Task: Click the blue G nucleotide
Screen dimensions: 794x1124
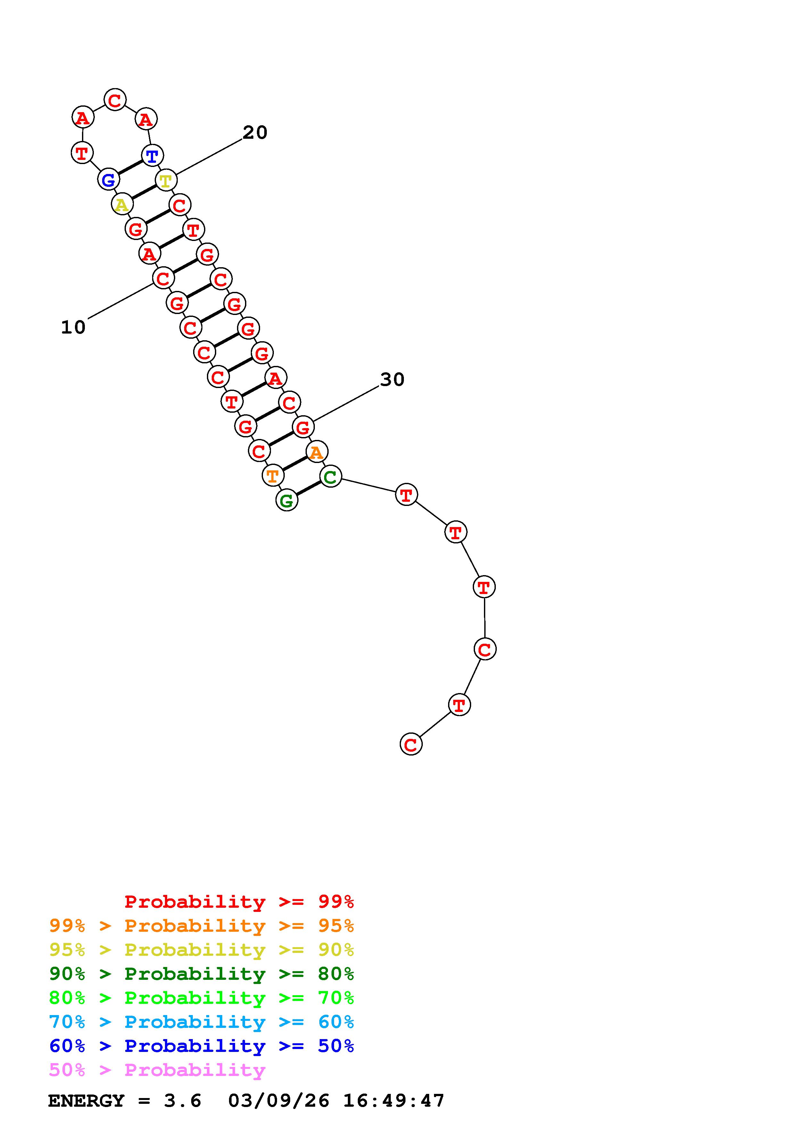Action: click(x=108, y=180)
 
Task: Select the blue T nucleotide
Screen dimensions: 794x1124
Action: click(x=152, y=156)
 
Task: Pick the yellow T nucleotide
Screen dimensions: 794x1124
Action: click(x=166, y=180)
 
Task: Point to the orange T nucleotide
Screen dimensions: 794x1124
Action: click(x=273, y=475)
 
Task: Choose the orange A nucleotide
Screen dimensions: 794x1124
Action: click(x=316, y=451)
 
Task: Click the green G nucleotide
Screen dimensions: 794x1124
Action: click(x=287, y=500)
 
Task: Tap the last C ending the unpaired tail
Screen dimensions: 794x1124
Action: click(x=411, y=745)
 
